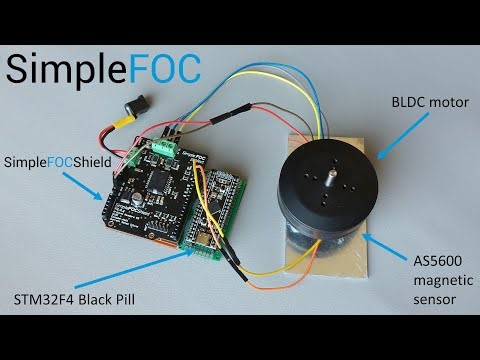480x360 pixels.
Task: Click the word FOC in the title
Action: pyautogui.click(x=160, y=67)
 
